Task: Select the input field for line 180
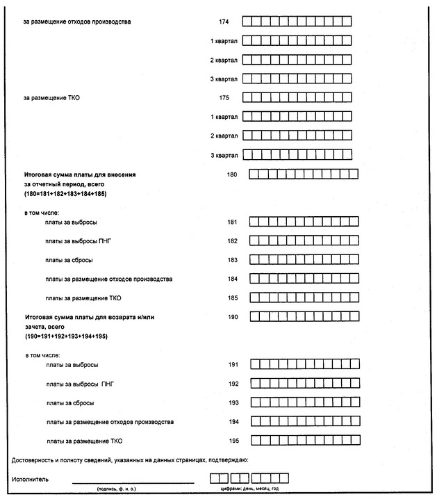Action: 304,174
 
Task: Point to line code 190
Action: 233,317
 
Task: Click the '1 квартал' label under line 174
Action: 224,40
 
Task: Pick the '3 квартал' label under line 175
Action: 224,155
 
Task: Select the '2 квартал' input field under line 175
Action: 296,136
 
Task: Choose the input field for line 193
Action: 304,402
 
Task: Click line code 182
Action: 233,241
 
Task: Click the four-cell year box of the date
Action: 270,478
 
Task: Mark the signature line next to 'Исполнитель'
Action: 133,481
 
